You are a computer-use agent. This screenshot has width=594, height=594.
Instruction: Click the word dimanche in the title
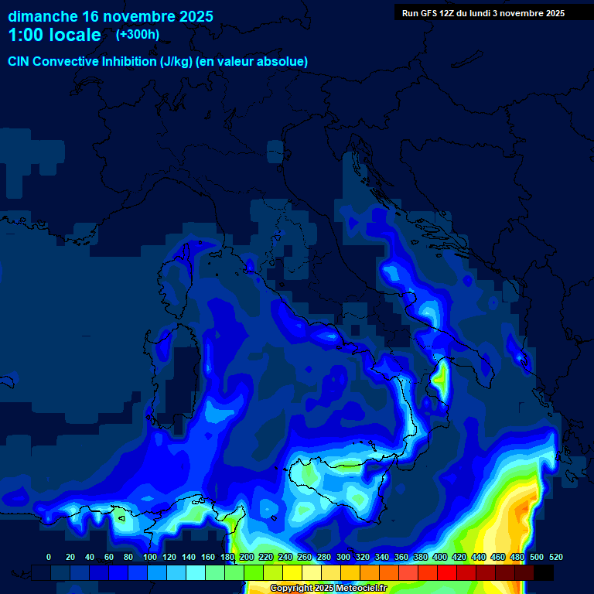(42, 16)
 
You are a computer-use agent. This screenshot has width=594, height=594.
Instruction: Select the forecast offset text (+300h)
(138, 35)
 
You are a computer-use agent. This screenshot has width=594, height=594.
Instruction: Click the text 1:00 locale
(54, 36)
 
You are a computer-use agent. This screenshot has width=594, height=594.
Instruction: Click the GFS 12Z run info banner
(483, 13)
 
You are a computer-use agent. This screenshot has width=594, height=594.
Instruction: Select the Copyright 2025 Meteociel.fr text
(329, 589)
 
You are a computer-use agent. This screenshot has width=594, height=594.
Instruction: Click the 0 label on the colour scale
(49, 557)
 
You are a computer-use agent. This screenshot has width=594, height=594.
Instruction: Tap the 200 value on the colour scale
(246, 557)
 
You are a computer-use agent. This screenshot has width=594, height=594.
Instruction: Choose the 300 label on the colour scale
(343, 557)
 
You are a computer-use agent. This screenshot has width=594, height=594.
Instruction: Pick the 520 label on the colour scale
(555, 557)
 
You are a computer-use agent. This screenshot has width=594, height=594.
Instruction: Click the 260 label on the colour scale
(304, 557)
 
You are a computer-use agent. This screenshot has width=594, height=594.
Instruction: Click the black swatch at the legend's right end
(544, 572)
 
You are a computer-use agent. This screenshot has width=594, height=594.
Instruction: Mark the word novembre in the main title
(136, 16)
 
